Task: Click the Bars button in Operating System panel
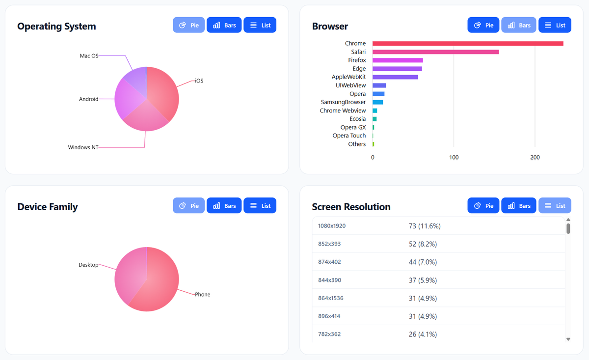coord(224,25)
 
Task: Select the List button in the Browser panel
coord(555,25)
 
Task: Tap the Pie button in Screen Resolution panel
coord(483,206)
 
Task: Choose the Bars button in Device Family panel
coord(224,206)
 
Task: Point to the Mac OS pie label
coord(89,56)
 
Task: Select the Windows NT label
coord(83,147)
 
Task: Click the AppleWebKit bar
coord(395,77)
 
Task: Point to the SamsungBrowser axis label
coord(343,102)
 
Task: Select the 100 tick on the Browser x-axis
coord(454,158)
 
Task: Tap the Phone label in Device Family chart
coord(202,295)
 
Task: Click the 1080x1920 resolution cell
coord(332,226)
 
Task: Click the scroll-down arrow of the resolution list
coord(568,339)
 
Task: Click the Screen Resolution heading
coord(351,207)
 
